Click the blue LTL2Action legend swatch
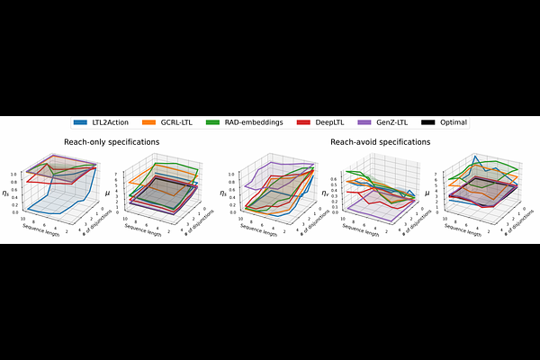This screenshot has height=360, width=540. pyautogui.click(x=80, y=121)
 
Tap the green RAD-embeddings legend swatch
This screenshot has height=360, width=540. pyautogui.click(x=212, y=121)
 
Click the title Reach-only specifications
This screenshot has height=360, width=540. pyautogui.click(x=112, y=142)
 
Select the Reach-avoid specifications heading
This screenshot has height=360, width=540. pyautogui.click(x=380, y=142)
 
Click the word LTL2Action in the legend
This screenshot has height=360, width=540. pyautogui.click(x=112, y=121)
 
